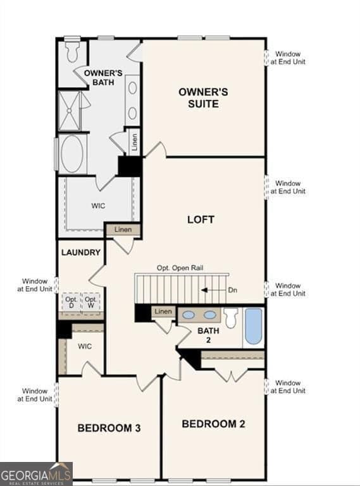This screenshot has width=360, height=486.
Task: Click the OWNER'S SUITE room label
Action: [x=203, y=97]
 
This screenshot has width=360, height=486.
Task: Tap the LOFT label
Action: [x=201, y=220]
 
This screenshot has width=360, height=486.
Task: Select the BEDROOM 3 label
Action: [x=109, y=428]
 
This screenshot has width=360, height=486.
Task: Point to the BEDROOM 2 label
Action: [x=213, y=423]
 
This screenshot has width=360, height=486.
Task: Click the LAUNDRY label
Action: [x=81, y=252]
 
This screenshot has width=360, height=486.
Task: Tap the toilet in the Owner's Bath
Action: [x=72, y=49]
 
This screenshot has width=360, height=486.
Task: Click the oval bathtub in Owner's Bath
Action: [x=73, y=154]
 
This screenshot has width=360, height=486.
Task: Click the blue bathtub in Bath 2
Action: [x=253, y=326]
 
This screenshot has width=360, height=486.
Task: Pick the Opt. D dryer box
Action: [x=71, y=302]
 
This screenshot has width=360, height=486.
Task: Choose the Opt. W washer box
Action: [x=91, y=302]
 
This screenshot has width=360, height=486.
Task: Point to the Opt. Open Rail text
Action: [x=180, y=268]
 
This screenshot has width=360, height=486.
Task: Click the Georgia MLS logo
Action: [x=36, y=474]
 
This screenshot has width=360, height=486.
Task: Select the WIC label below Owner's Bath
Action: [x=98, y=206]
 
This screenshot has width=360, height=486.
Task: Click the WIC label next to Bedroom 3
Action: [x=85, y=347]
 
